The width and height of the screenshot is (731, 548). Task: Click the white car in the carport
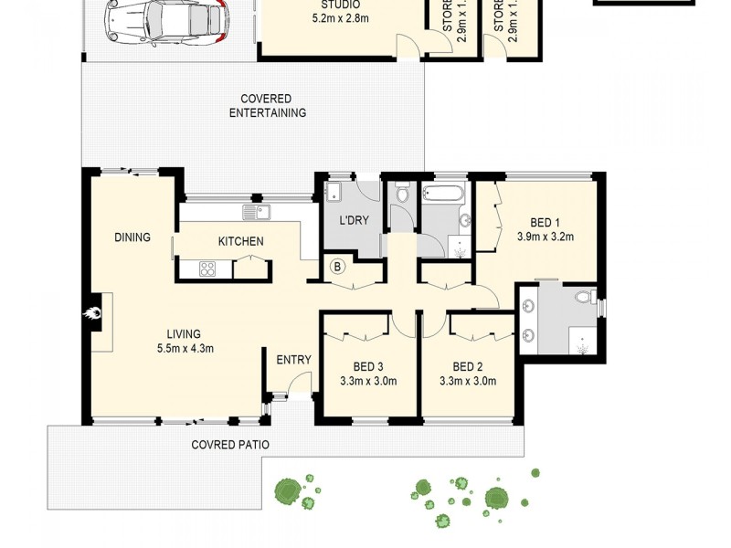(x=164, y=22)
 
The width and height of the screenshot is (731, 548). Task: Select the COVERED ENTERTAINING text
(x=267, y=106)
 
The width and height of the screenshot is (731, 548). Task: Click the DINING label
(x=132, y=237)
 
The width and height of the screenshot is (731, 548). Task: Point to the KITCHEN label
(x=240, y=242)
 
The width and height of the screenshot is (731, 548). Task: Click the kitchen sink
(x=256, y=213)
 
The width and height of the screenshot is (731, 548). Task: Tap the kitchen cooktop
(x=207, y=269)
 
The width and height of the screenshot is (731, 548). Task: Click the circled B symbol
(x=337, y=267)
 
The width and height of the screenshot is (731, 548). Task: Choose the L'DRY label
(x=353, y=221)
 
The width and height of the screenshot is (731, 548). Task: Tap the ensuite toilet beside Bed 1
(x=586, y=296)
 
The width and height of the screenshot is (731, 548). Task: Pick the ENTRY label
(x=293, y=360)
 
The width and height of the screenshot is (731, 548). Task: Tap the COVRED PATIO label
(x=230, y=445)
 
